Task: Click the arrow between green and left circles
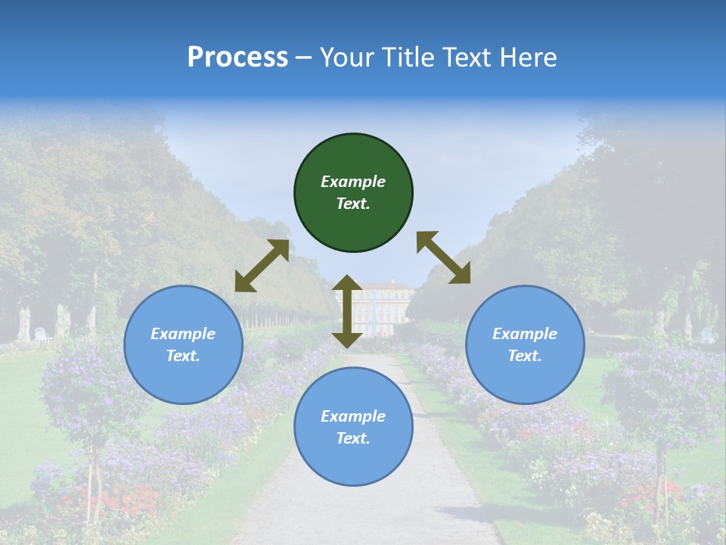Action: (262, 266)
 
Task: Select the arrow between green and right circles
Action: (443, 257)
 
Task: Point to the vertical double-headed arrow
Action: (347, 311)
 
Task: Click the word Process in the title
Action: (237, 57)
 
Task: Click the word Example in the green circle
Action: (353, 182)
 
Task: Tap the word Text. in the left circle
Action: (183, 356)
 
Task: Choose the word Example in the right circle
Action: (525, 334)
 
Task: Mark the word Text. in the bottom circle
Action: (353, 438)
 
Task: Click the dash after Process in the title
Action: (304, 58)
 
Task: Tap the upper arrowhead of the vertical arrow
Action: (347, 283)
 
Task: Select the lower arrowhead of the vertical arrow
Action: (347, 340)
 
